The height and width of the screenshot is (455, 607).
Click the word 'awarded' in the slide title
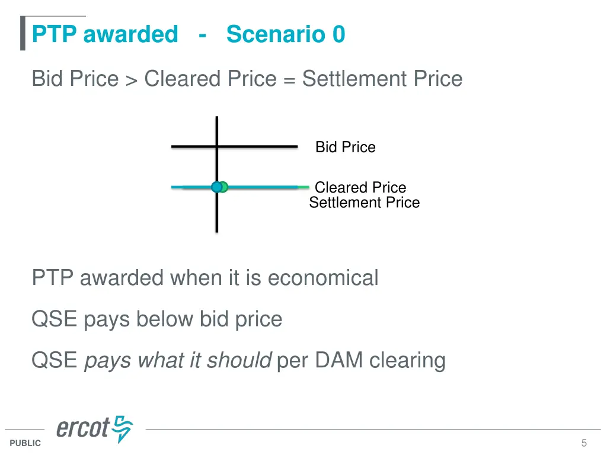[x=130, y=34]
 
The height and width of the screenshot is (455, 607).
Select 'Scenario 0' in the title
[x=285, y=34]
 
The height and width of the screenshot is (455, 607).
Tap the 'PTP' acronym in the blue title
[x=55, y=34]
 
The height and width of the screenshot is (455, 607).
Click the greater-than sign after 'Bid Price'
[x=131, y=80]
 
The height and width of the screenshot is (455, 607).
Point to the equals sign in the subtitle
[x=289, y=80]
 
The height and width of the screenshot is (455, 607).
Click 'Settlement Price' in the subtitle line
[x=382, y=79]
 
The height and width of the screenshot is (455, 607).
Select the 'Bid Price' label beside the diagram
[x=345, y=147]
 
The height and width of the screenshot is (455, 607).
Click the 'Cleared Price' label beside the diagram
[x=360, y=187]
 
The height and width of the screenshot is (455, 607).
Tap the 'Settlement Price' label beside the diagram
[x=364, y=203]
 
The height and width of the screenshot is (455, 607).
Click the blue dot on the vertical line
[x=216, y=187]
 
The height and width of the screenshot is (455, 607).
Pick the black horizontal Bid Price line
[x=261, y=146]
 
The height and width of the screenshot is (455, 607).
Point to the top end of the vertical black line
[x=217, y=118]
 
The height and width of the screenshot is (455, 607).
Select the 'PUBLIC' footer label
[x=25, y=443]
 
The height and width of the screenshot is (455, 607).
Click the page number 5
[x=584, y=443]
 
